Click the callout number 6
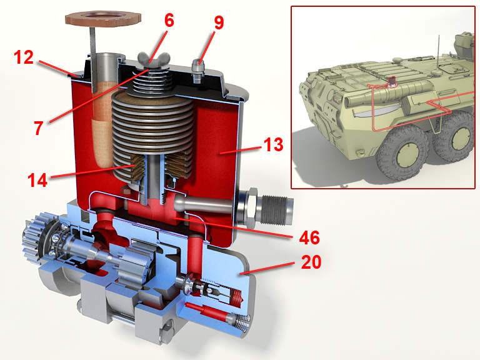pos(169,21)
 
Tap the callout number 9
pos(219,22)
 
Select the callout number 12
pos(24,57)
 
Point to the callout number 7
pos(38,128)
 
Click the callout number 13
pos(273,144)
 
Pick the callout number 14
pos(37,180)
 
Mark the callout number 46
pos(309,237)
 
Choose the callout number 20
pos(311,262)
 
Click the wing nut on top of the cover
pos(153,57)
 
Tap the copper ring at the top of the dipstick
pos(103,19)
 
